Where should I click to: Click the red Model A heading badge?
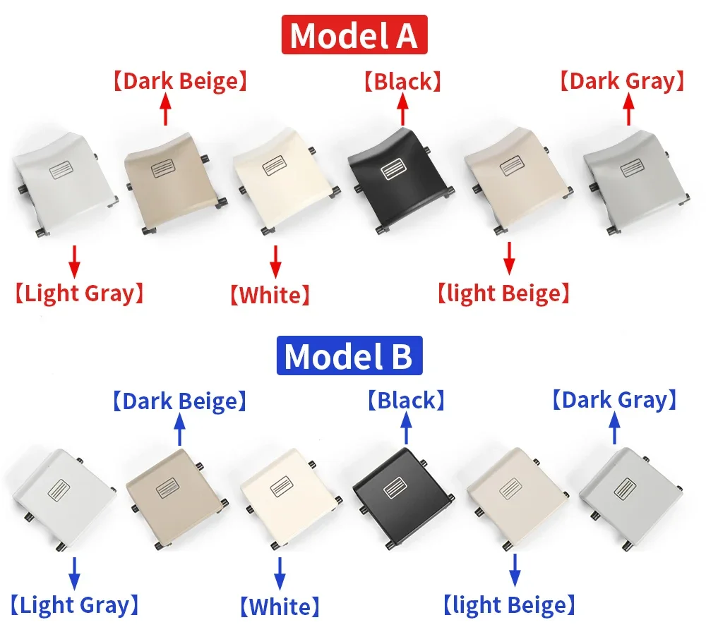[x=354, y=35]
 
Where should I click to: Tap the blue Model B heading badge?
[x=349, y=355]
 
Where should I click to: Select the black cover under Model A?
[x=400, y=181]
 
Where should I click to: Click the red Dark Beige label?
[x=180, y=81]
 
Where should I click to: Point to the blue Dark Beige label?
[x=179, y=401]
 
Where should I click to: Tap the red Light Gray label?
[x=79, y=293]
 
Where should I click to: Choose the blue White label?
[x=280, y=607]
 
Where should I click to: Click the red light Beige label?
[x=504, y=293]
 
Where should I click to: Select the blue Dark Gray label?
[x=615, y=400]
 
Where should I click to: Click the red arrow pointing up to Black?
[x=403, y=110]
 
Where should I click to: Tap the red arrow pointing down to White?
[x=275, y=262]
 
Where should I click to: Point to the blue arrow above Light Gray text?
[x=74, y=573]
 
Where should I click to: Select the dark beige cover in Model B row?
[x=176, y=499]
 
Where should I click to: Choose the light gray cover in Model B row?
[x=61, y=499]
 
